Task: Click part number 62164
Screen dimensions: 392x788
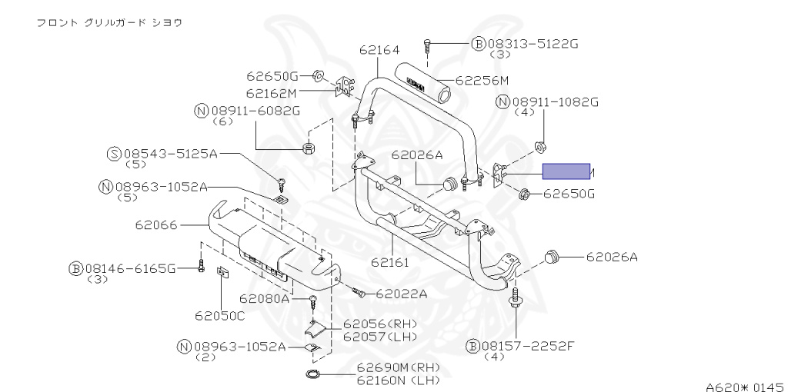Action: point(379,51)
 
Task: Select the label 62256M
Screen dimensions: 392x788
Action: point(482,79)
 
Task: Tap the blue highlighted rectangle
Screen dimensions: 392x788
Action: point(566,171)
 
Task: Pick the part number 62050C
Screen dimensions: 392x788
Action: point(219,315)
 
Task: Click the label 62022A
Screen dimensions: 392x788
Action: point(400,293)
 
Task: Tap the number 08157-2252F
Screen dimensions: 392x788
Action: point(530,347)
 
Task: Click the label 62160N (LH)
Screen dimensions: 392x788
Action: point(387,380)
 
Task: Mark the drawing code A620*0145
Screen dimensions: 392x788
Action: point(744,386)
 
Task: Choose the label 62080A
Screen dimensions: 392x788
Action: point(263,298)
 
